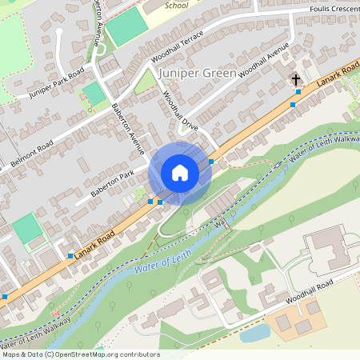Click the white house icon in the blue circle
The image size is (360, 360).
pyautogui.click(x=179, y=173)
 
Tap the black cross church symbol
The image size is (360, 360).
pyautogui.click(x=296, y=80)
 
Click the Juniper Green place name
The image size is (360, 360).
pyautogui.click(x=197, y=73)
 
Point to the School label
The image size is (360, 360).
pyautogui.click(x=176, y=5)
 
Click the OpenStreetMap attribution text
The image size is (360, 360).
pyautogui.click(x=80, y=354)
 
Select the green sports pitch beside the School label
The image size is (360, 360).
pyautogui.click(x=126, y=29)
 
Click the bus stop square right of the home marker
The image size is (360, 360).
pyautogui.click(x=211, y=162)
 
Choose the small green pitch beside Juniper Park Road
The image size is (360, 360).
pyautogui.click(x=94, y=94)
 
